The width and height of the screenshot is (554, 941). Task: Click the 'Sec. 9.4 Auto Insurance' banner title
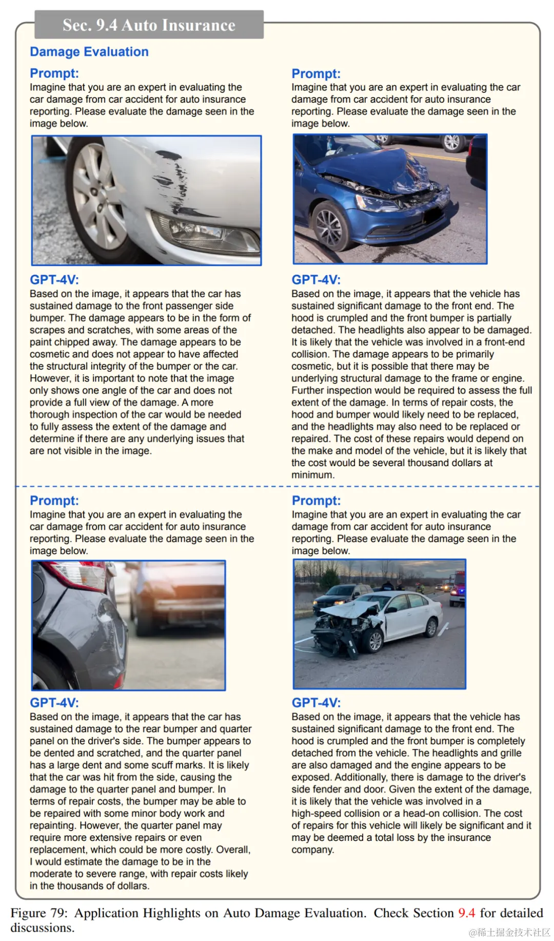pyautogui.click(x=149, y=25)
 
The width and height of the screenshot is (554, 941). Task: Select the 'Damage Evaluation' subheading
pyautogui.click(x=89, y=52)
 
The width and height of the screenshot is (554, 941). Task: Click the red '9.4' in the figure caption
pyautogui.click(x=466, y=913)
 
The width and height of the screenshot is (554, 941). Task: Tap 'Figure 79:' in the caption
pyautogui.click(x=39, y=913)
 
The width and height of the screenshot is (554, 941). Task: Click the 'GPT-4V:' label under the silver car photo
pyautogui.click(x=54, y=280)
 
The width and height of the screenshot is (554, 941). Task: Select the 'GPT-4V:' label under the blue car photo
pyautogui.click(x=316, y=280)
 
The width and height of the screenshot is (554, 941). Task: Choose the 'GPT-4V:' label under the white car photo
pyautogui.click(x=316, y=703)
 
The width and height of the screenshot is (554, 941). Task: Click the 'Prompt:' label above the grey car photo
pyautogui.click(x=54, y=501)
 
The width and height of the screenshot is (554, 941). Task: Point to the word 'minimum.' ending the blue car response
pyautogui.click(x=313, y=475)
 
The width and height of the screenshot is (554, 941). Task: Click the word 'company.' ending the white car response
pyautogui.click(x=313, y=850)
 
